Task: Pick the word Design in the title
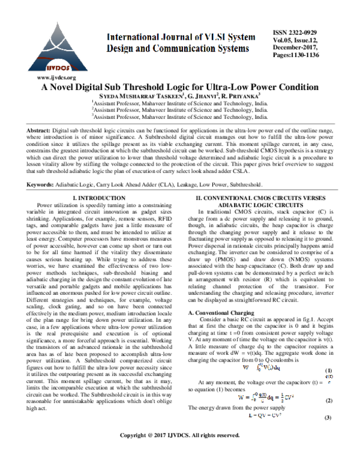pyautogui.click(x=121, y=49)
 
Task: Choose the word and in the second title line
pyautogui.click(x=146, y=49)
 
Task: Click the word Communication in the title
pyautogui.click(x=187, y=49)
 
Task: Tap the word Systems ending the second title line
pyautogui.click(x=233, y=49)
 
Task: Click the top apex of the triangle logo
pyautogui.click(x=58, y=24)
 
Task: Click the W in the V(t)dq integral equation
pyautogui.click(x=246, y=367)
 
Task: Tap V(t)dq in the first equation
pyautogui.click(x=269, y=368)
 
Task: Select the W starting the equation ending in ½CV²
pyautogui.click(x=241, y=398)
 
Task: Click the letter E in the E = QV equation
pyautogui.click(x=251, y=415)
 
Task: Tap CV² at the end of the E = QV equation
pyautogui.click(x=277, y=415)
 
